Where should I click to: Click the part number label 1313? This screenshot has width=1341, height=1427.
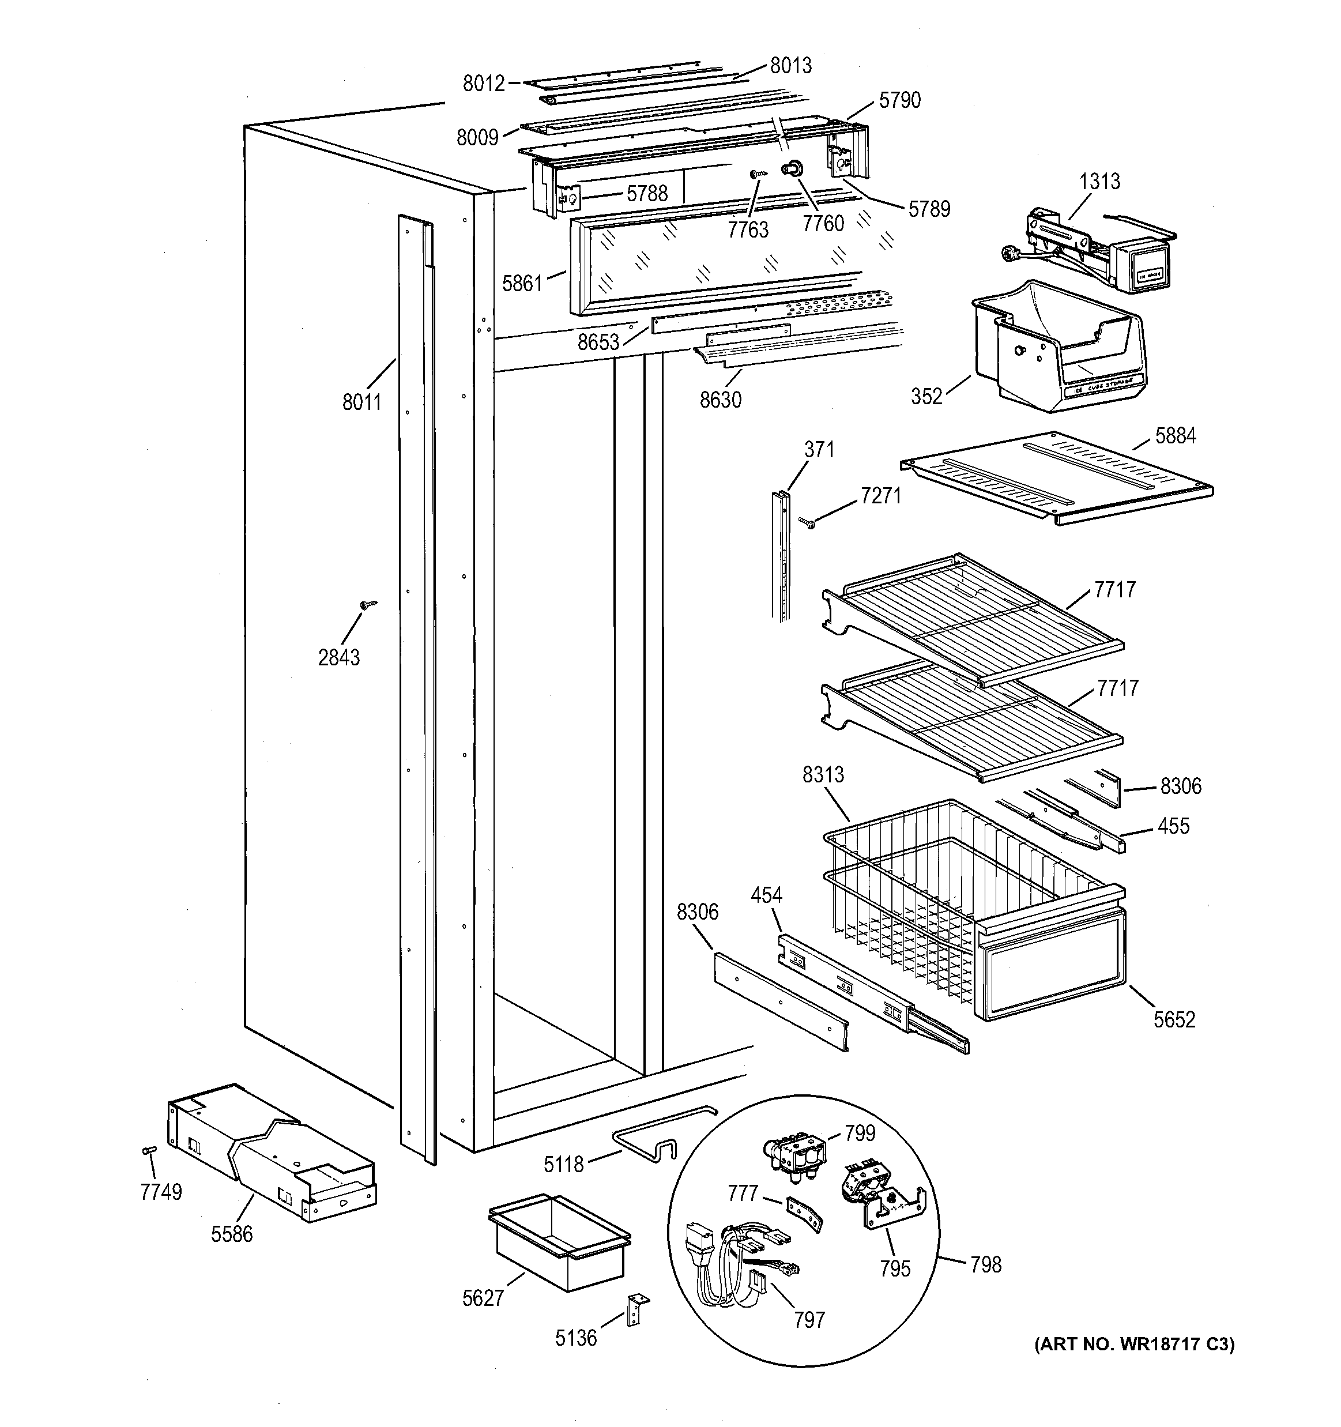1099,182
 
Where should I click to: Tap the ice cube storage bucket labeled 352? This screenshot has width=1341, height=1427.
1055,352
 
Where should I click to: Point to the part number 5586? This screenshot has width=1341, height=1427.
232,1234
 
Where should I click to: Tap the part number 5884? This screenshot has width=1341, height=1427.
1175,436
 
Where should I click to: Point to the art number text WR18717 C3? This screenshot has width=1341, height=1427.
1134,1345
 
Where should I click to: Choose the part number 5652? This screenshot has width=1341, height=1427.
1174,1019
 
